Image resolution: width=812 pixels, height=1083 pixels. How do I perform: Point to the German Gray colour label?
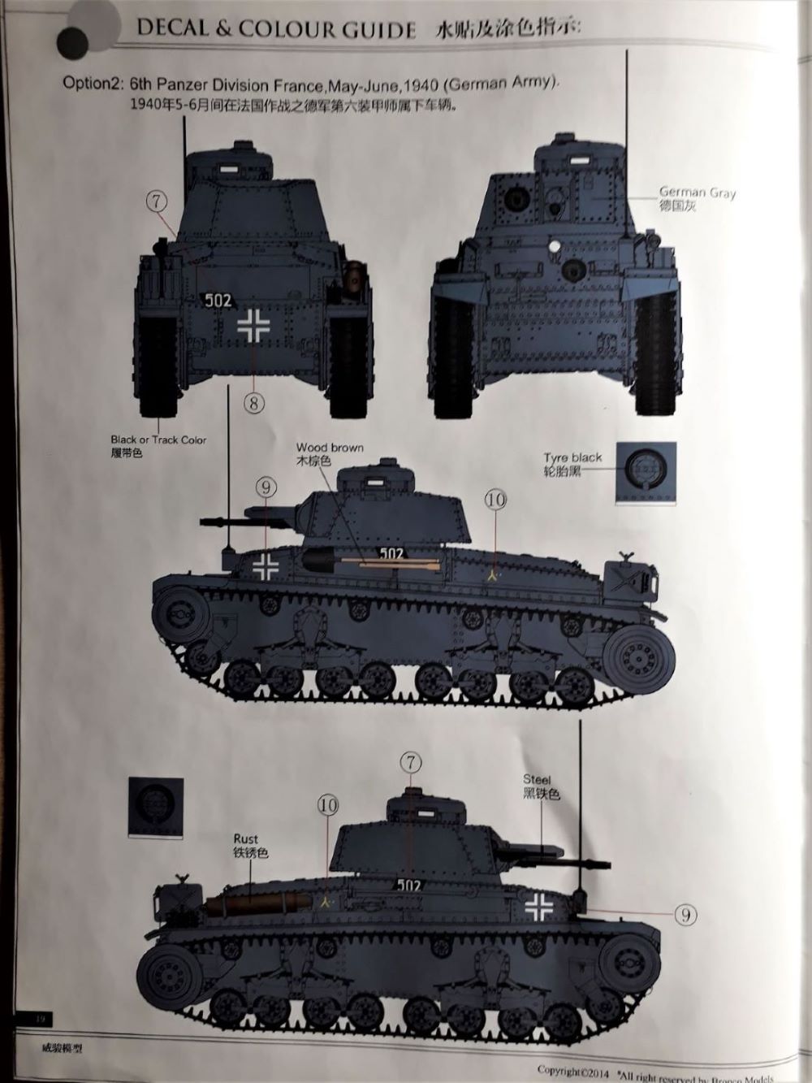coord(698,194)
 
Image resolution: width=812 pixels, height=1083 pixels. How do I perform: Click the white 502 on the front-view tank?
coord(218,301)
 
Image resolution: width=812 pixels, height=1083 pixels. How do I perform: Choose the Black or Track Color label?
coord(158,440)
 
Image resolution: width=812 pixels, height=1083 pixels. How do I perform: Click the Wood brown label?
coord(330,448)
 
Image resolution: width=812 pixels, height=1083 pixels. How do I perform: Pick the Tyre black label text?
coord(573,457)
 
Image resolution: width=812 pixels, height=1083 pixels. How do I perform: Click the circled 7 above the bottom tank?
coord(412,762)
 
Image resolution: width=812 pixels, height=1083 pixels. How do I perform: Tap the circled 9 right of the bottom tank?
coord(685,916)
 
